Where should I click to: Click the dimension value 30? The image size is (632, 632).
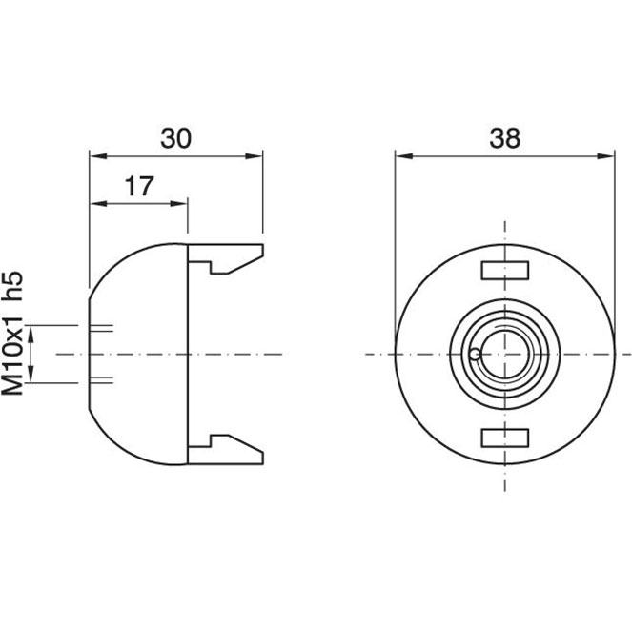(175, 138)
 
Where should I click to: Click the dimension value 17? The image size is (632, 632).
(139, 186)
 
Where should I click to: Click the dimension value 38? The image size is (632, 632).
(504, 138)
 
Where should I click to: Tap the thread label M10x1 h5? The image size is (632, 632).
(12, 333)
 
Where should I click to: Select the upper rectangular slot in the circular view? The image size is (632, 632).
(505, 271)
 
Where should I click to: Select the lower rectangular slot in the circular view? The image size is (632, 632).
(505, 438)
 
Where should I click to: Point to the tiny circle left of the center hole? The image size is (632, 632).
(476, 355)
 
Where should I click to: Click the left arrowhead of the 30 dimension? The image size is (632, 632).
(98, 156)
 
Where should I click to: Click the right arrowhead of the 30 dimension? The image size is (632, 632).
(254, 156)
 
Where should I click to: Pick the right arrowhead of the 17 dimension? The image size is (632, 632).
(178, 204)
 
